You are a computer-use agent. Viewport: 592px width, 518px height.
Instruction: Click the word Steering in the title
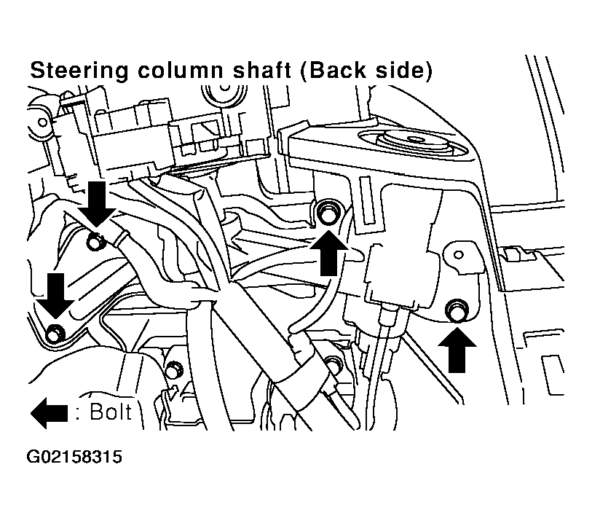(79, 71)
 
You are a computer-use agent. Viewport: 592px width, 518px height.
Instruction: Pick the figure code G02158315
(74, 457)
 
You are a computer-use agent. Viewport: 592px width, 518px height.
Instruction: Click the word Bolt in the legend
(111, 412)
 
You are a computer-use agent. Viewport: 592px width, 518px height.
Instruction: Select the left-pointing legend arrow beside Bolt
(49, 413)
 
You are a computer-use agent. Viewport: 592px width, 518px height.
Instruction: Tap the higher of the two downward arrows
(97, 204)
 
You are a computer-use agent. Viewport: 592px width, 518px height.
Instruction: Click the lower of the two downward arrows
(55, 296)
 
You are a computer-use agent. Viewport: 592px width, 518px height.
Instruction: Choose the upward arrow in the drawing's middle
(329, 253)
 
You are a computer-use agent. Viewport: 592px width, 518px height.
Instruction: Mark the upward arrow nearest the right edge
(457, 350)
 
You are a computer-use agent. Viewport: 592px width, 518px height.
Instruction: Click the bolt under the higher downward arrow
(95, 241)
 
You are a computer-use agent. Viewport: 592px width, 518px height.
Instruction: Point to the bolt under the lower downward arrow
(55, 333)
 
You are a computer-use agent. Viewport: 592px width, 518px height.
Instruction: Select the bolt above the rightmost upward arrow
(457, 310)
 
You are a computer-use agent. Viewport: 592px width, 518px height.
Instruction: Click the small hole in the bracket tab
(458, 255)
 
